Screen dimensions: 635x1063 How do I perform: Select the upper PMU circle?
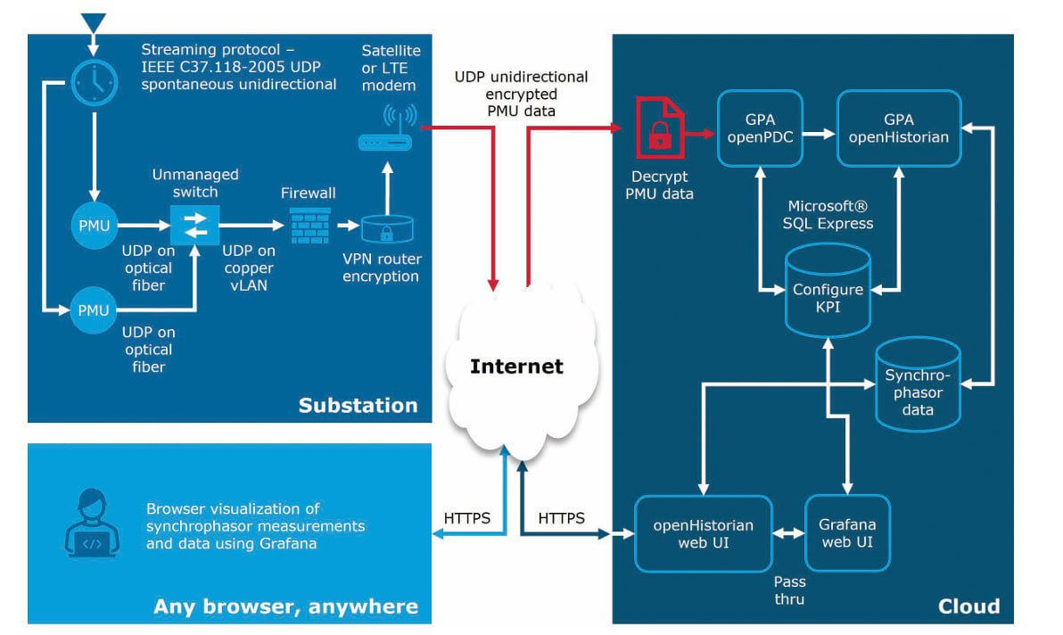tap(94, 226)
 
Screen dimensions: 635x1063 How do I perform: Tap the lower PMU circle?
tap(94, 310)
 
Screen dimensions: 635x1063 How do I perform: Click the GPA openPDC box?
tap(761, 128)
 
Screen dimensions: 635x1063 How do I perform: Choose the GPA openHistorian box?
tap(899, 128)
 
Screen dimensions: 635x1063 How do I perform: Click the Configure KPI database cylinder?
tap(828, 290)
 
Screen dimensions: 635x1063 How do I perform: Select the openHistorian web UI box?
tap(704, 533)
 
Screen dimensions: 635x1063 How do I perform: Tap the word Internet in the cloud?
tap(516, 367)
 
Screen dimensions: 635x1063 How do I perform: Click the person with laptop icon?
tap(92, 530)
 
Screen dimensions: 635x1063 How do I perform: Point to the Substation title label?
tap(358, 406)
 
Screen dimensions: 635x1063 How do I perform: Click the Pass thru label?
tap(789, 590)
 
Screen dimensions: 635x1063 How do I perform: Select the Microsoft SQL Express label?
tap(828, 215)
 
